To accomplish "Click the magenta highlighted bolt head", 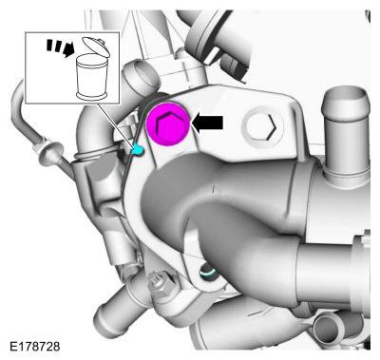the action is point(168,124).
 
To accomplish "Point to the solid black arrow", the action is point(208,123).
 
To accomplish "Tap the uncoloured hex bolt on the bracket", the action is point(261,126).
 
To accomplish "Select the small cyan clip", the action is point(138,149).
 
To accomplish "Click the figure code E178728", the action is point(34,347).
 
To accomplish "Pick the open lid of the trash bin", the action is point(96,47).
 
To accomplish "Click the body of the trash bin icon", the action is point(92,77).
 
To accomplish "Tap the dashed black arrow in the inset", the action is point(61,47).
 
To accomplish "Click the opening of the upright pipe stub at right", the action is point(345,95).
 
